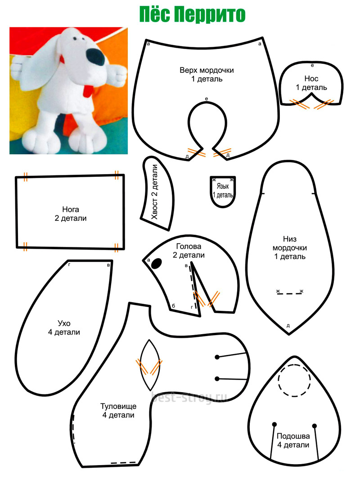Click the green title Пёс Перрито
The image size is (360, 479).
[x=192, y=15]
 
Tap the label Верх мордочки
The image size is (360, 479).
[x=207, y=70]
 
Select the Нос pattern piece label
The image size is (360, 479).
[x=311, y=79]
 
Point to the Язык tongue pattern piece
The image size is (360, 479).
[x=223, y=192]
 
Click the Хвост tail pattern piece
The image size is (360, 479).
[x=157, y=193]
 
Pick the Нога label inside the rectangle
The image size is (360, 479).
[x=71, y=209]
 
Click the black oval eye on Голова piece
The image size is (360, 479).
[x=157, y=264]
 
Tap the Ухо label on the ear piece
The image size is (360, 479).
[x=64, y=323]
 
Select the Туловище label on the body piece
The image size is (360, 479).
[x=118, y=406]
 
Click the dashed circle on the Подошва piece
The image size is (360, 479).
[x=294, y=381]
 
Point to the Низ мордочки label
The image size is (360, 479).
[x=289, y=243]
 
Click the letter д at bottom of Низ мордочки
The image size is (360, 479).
[x=288, y=326]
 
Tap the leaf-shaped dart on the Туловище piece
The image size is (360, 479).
[x=149, y=365]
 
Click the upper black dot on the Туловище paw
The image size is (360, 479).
[x=217, y=357]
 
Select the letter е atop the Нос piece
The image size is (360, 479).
[x=312, y=65]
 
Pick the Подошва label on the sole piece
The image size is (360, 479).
[x=293, y=436]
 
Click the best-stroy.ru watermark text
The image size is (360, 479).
[x=189, y=397]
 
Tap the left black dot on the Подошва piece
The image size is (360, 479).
[x=274, y=424]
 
